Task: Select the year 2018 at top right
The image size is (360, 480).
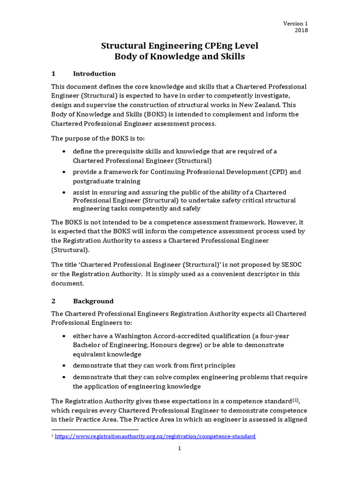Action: point(301,30)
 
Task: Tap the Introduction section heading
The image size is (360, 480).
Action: point(94,74)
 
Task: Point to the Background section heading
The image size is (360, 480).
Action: point(93,301)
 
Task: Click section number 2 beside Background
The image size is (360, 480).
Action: point(53,301)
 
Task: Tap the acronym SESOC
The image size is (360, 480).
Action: point(294,264)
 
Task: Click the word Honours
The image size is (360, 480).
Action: point(188,345)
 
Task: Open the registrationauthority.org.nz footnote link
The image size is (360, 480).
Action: point(155,436)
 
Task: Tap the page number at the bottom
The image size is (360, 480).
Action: point(179,449)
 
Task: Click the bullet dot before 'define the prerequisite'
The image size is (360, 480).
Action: point(64,151)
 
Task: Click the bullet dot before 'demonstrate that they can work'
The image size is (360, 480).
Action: point(64,366)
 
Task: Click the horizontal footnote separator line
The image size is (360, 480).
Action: point(95,429)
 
